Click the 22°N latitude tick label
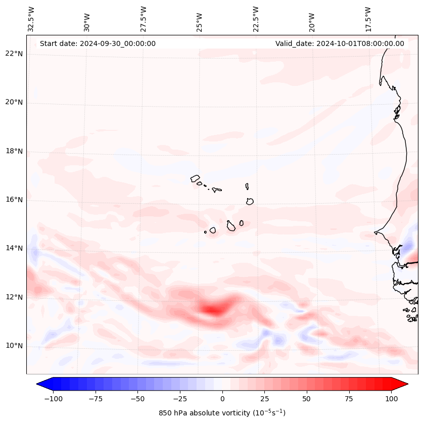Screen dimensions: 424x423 14,54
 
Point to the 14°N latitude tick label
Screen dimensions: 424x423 14,248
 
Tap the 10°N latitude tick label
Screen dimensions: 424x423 14,346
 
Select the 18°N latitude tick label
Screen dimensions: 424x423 14,151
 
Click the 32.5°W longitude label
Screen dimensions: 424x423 31,19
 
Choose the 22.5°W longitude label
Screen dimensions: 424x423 256,19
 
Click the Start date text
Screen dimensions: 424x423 98,43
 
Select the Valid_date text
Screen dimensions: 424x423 340,43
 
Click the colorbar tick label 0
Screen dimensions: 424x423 222,398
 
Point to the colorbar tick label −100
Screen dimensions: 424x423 53,398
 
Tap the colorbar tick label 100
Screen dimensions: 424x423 391,398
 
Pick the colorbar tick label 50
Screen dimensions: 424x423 306,398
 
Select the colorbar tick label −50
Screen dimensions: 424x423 137,398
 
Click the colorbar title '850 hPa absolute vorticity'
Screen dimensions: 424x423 222,413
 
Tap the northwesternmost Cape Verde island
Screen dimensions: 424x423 195,178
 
